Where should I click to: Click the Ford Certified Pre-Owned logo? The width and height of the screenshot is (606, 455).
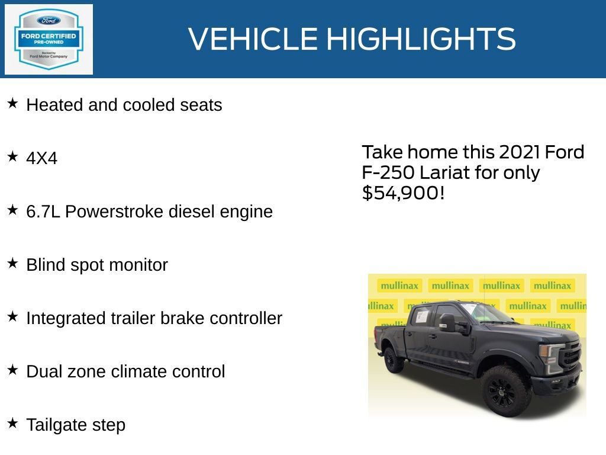[49, 39]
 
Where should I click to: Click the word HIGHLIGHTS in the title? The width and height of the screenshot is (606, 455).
[421, 39]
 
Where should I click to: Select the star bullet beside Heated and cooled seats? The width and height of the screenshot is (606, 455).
[12, 104]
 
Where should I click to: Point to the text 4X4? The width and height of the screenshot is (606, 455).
[41, 159]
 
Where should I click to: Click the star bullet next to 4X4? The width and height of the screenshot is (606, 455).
[12, 157]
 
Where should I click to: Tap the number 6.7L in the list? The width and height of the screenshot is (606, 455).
[43, 212]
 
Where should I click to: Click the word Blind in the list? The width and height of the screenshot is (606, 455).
[46, 265]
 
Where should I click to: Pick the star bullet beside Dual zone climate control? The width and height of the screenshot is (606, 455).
[12, 370]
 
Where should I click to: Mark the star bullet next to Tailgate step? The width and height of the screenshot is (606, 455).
[12, 424]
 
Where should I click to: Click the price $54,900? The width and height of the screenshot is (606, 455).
[402, 193]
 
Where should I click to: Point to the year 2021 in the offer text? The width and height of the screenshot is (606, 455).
[520, 152]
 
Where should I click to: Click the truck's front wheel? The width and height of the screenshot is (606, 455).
[505, 391]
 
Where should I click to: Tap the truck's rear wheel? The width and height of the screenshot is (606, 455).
[393, 360]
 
